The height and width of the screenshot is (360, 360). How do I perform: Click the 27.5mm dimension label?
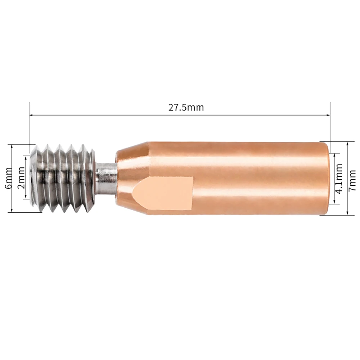[x=186, y=107]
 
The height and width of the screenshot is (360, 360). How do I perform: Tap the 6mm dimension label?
[x=9, y=178]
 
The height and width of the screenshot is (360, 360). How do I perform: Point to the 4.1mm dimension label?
[x=339, y=179]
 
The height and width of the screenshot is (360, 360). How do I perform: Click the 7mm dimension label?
[x=352, y=180]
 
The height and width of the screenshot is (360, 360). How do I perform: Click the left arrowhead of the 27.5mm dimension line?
[x=32, y=115]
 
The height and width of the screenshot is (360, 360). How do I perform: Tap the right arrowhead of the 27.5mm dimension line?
[x=328, y=115]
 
